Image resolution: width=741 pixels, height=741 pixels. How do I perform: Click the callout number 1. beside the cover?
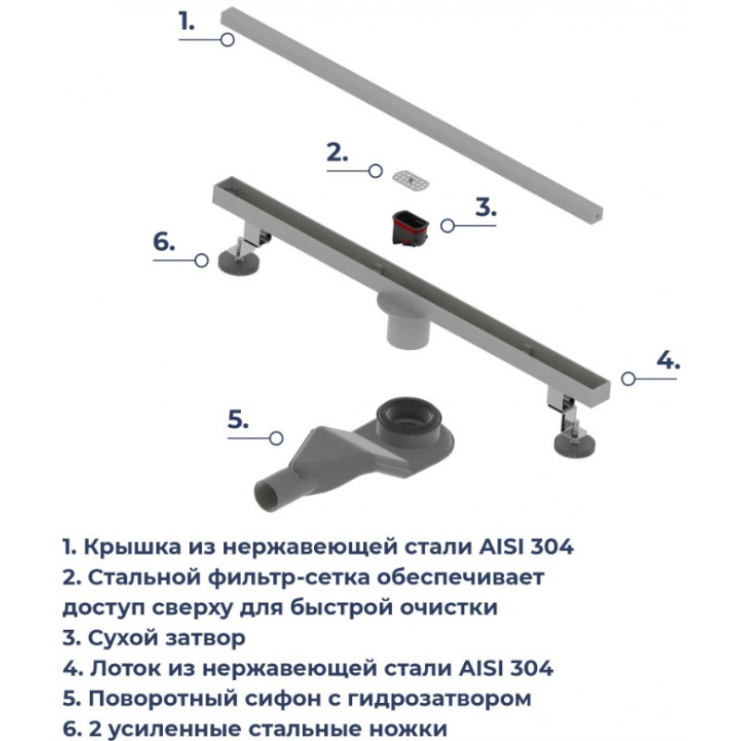tap(186, 21)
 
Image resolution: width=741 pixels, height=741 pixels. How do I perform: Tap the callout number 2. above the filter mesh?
tap(337, 152)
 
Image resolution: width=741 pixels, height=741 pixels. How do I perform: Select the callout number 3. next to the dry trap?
tap(485, 207)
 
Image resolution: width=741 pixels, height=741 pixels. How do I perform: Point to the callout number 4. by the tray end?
tap(668, 360)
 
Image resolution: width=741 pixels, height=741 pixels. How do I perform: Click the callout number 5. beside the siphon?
tap(238, 420)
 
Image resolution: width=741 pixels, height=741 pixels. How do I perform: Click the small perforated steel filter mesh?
tap(410, 180)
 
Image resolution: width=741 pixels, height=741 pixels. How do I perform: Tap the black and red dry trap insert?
tap(410, 229)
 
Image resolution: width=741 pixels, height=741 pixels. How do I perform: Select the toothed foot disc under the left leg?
tap(239, 262)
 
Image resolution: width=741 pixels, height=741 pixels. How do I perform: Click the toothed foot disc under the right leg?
tap(574, 446)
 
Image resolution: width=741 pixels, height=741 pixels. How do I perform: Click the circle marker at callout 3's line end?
tap(447, 226)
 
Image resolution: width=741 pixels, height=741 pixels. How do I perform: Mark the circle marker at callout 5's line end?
tap(276, 438)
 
